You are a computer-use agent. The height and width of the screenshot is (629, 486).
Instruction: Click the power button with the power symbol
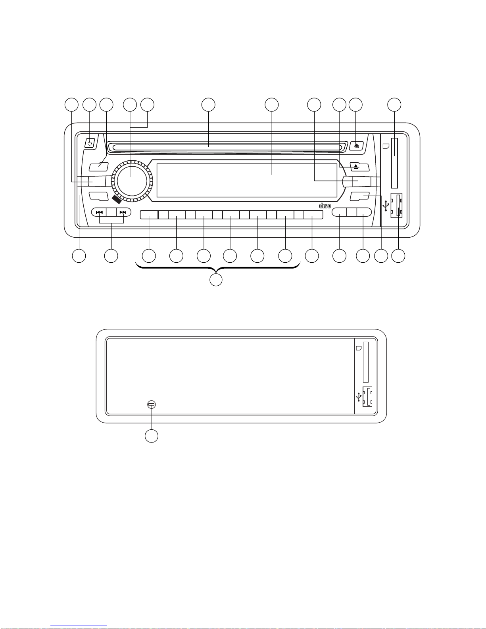point(90,143)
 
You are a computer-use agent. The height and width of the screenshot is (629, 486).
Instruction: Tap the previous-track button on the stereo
point(99,212)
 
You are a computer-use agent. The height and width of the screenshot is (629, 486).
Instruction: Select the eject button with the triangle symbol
point(359,167)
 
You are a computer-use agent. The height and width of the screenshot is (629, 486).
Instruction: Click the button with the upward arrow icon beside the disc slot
point(357,145)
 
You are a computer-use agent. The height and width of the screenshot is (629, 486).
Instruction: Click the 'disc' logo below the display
point(325,206)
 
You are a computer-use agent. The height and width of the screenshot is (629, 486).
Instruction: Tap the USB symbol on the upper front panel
point(386,206)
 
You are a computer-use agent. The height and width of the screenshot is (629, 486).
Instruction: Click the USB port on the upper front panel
point(396,206)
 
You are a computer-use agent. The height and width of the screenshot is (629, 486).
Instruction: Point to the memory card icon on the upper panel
point(386,146)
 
